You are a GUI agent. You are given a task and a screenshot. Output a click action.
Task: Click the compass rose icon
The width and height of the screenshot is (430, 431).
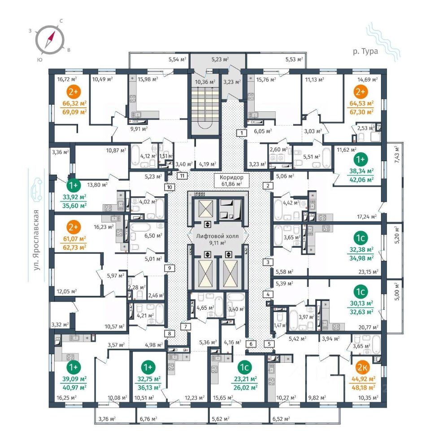point(50,40)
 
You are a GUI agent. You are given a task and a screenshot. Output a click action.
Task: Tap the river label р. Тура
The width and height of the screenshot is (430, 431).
point(365,51)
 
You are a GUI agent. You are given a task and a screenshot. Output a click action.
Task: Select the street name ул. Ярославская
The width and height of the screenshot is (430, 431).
point(36,240)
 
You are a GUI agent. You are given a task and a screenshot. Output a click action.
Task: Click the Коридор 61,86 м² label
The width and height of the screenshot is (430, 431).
point(232,180)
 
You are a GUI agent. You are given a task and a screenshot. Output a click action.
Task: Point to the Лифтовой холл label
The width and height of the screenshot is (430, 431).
point(217,236)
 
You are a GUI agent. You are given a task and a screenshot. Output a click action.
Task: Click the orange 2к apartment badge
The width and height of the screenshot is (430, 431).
point(362,367)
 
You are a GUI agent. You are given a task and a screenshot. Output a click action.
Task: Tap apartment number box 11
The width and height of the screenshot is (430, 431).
point(182,176)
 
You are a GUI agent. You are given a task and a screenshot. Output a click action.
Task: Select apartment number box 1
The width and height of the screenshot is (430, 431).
point(242,133)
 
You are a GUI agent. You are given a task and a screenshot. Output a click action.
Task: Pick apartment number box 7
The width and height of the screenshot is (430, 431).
point(186,327)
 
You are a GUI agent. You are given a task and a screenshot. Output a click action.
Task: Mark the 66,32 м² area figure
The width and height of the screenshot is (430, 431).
point(74,104)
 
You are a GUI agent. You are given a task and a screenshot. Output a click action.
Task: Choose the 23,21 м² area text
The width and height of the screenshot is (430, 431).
point(245,379)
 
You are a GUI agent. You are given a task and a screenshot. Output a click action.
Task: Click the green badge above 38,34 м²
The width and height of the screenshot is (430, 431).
point(360,159)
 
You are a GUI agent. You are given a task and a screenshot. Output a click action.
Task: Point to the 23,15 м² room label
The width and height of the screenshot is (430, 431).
point(368,272)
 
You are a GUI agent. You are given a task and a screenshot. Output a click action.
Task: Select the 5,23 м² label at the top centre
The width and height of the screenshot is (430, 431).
point(220,59)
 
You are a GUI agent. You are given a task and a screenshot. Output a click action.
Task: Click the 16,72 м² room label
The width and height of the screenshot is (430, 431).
point(67,79)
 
